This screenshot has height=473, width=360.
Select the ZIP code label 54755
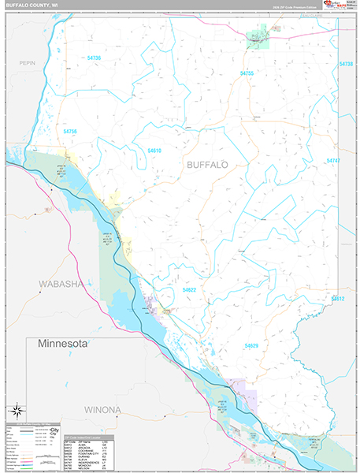(x=247, y=73)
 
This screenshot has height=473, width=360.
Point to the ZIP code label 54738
(x=347, y=64)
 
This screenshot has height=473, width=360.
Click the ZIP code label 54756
(x=70, y=131)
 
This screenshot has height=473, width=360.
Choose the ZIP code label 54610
(x=154, y=151)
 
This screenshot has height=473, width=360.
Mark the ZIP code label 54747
(x=333, y=161)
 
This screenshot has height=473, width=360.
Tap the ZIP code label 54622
(x=189, y=290)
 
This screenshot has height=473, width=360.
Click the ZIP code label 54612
(x=338, y=299)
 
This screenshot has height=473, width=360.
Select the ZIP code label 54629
(x=251, y=346)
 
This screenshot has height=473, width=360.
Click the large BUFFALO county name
(x=207, y=165)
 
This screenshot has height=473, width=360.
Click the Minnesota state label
(x=60, y=345)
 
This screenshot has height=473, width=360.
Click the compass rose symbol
(x=15, y=411)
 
